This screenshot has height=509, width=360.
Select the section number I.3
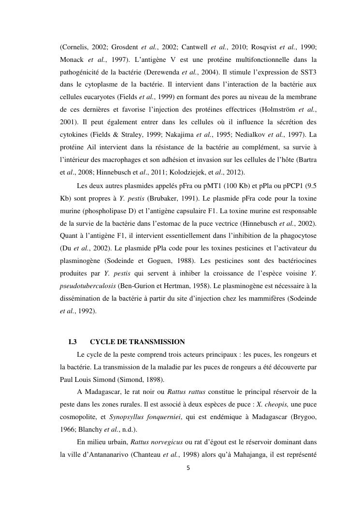73,342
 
